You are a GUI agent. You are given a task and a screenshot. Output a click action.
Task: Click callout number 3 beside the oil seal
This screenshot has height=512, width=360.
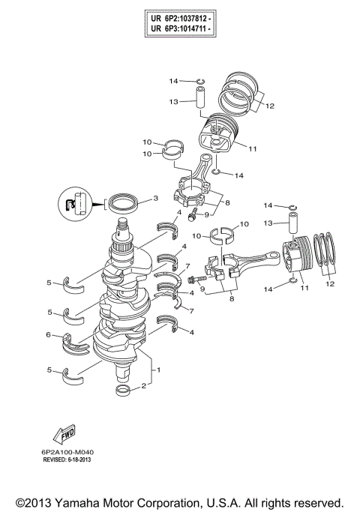click(155, 199)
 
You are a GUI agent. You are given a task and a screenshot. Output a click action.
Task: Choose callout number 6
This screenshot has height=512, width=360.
click(49, 335)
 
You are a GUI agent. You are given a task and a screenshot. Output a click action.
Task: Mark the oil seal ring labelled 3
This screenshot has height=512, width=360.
click(123, 202)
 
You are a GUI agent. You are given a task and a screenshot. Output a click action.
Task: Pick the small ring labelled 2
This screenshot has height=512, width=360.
click(124, 391)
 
